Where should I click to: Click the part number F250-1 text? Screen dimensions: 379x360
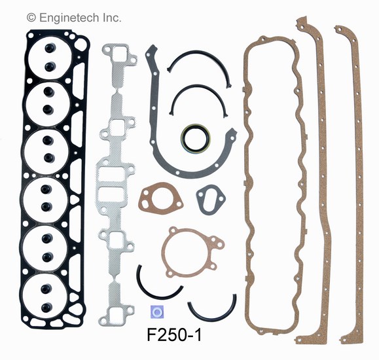[x=174, y=334]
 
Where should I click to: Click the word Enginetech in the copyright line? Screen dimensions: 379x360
[x=69, y=18]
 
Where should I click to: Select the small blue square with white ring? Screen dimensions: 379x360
[x=157, y=312]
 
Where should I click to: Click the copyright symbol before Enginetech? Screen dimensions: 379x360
[x=31, y=18]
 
